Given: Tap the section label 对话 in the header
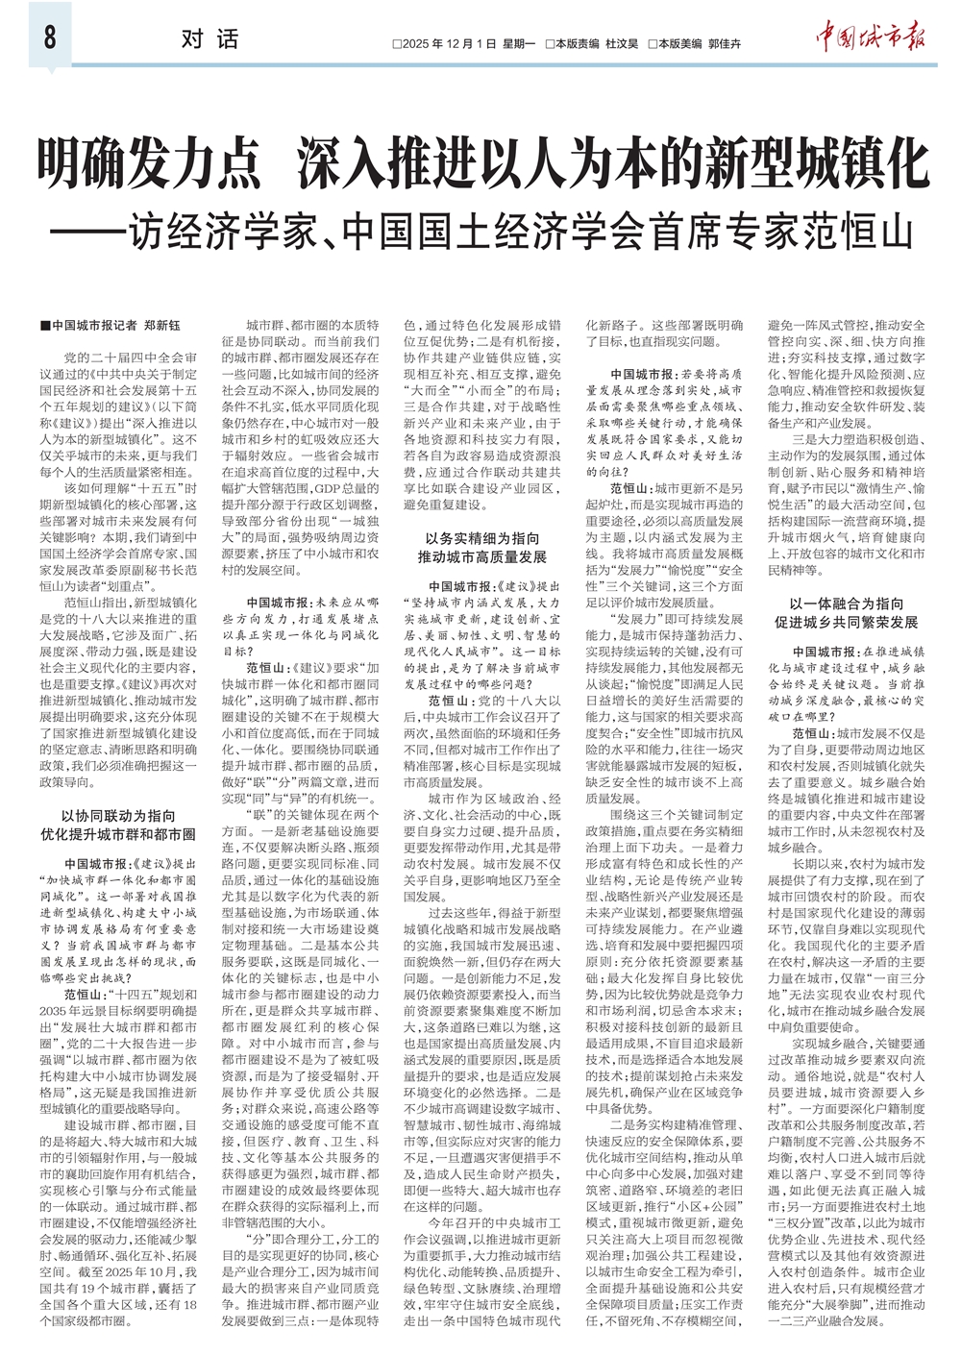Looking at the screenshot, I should tap(209, 39).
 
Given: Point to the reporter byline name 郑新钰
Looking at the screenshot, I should tap(161, 326).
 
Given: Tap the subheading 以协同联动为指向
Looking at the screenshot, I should tap(118, 816).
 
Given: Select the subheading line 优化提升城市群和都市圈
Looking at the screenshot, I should tap(118, 834).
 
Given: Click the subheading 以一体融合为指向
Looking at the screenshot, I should tap(846, 604).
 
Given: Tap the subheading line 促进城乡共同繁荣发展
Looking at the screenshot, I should tap(846, 623).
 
